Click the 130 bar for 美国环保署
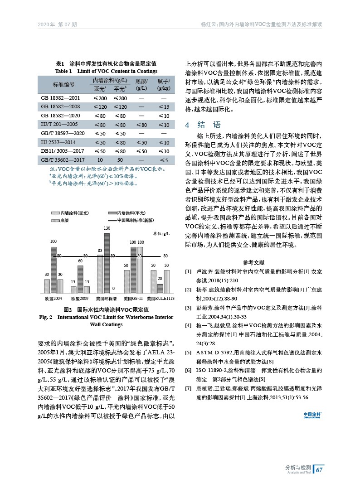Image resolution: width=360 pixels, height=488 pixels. click(107, 262)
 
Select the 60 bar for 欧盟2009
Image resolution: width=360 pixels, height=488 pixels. click(80, 278)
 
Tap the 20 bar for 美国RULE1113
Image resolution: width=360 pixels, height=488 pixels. click(160, 288)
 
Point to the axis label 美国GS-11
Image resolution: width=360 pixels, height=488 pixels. click(134, 299)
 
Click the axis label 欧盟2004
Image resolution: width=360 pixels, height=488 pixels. click(54, 299)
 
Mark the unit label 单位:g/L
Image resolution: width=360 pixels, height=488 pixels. click(161, 233)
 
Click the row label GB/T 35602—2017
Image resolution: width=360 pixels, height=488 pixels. click(63, 160)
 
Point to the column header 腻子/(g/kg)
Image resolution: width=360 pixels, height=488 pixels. click(164, 85)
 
